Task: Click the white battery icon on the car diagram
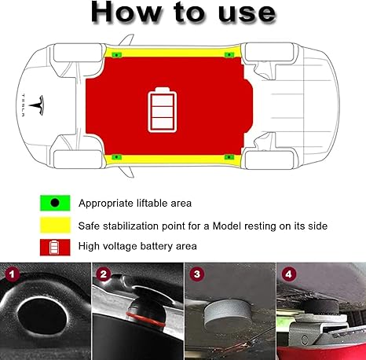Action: click(x=164, y=108)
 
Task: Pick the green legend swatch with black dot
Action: click(x=55, y=203)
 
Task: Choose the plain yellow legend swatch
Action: click(x=55, y=226)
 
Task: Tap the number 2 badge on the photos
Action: click(x=102, y=274)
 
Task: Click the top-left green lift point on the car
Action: click(x=115, y=55)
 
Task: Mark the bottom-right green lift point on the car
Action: click(x=230, y=157)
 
